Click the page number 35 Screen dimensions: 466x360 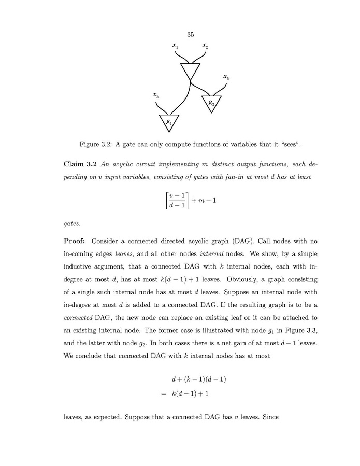point(190,35)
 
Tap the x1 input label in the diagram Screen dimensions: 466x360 point(176,47)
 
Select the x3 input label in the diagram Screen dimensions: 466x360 point(226,77)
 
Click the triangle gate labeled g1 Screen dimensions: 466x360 point(169,122)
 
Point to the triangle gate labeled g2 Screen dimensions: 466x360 point(210,103)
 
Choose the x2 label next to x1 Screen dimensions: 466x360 point(206,47)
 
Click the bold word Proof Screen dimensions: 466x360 point(77,241)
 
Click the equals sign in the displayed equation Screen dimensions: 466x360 point(164,393)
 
